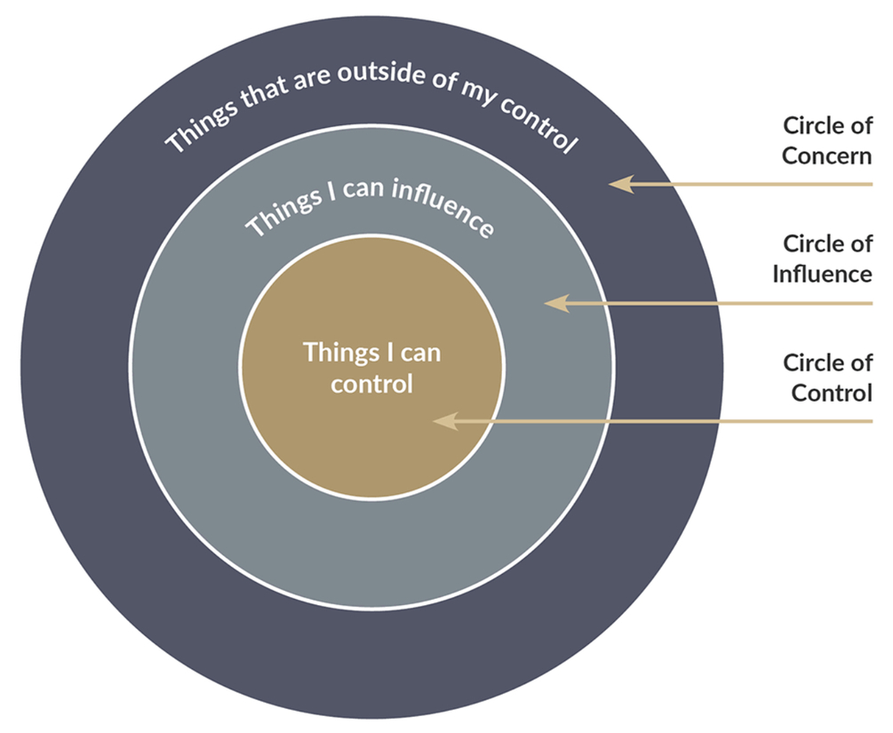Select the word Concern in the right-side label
pos(826,156)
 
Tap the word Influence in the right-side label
pos(822,274)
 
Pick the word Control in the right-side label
pos(832,392)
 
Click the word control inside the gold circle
pos(371,385)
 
